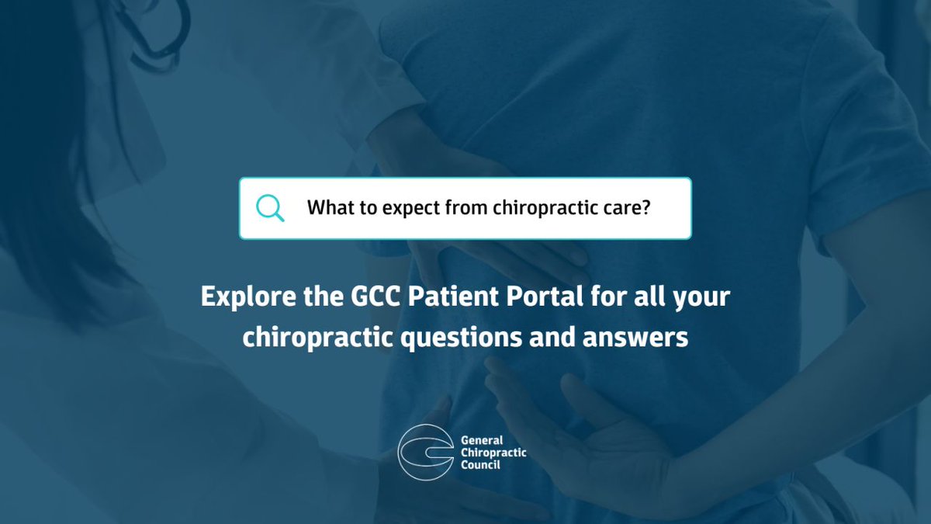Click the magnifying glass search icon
pos(270,207)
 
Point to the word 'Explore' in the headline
pos(241,297)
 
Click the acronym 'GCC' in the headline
pos(361,297)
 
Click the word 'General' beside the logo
pos(482,440)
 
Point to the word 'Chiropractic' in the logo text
pos(493,452)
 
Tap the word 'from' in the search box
pos(469,209)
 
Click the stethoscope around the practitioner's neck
pos(159,35)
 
